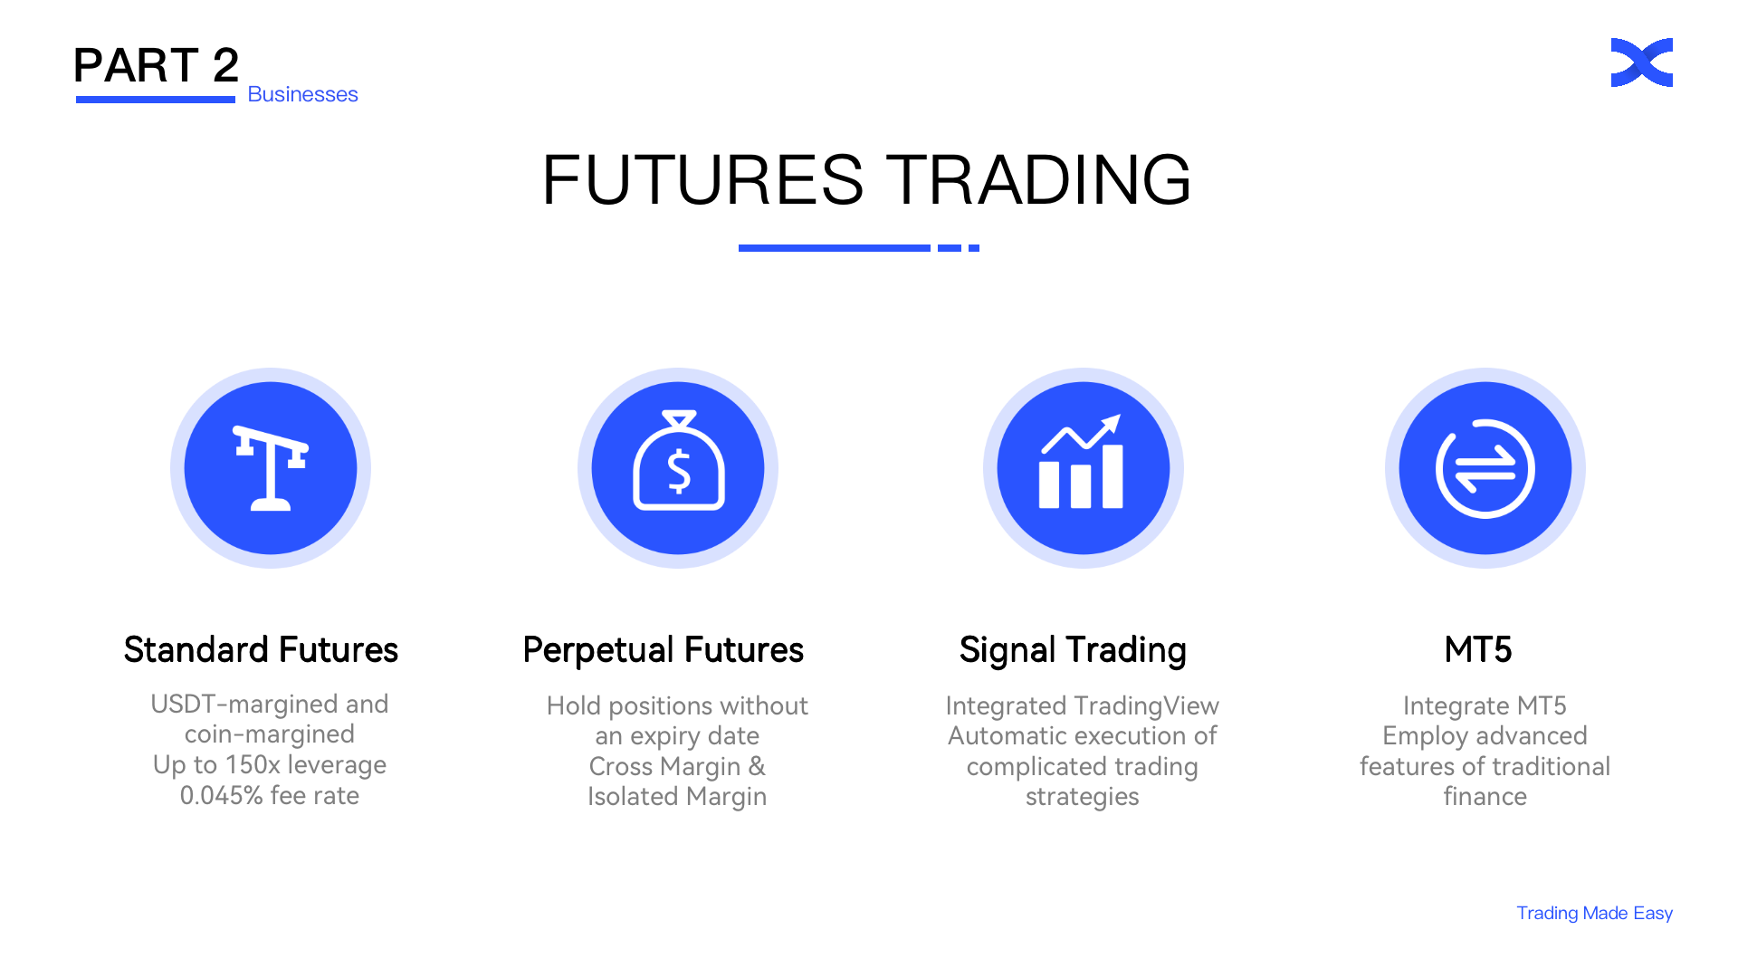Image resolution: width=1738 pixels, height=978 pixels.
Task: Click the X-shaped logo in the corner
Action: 1641,62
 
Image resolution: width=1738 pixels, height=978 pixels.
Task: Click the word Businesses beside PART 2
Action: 302,94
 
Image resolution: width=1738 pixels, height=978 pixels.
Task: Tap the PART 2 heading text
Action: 156,65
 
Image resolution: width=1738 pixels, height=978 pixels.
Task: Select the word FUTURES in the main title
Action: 702,179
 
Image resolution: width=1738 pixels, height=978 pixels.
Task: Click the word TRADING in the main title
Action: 1037,179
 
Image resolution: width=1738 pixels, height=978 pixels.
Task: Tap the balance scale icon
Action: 271,468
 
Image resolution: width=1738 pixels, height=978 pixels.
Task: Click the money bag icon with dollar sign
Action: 678,461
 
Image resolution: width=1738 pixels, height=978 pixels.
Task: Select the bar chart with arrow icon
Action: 1082,462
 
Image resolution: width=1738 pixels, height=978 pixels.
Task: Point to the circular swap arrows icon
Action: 1485,468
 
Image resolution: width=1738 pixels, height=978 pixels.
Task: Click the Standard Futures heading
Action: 261,650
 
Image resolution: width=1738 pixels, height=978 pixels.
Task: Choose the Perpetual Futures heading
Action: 664,650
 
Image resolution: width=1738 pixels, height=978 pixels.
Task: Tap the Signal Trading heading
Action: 1073,650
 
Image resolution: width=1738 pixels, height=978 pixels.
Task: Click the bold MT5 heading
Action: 1478,650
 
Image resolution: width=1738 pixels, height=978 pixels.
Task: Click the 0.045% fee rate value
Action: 221,796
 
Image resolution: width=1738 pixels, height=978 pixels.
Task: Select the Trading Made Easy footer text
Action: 1594,913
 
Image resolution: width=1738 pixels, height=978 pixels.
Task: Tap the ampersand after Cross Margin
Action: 757,767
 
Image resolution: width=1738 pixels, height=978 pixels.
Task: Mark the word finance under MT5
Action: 1485,797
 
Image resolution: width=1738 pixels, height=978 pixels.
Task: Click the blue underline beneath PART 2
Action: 156,100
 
